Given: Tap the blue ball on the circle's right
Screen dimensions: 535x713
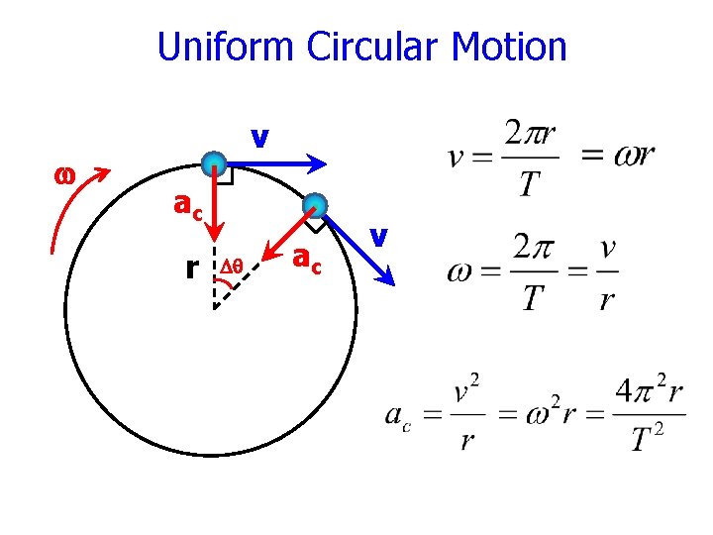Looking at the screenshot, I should pyautogui.click(x=316, y=205).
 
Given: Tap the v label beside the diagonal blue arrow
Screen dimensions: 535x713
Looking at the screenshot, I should pyautogui.click(x=377, y=236).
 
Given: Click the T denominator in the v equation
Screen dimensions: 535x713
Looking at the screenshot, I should pyautogui.click(x=531, y=182).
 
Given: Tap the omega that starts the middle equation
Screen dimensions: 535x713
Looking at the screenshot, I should pyautogui.click(x=461, y=270).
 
